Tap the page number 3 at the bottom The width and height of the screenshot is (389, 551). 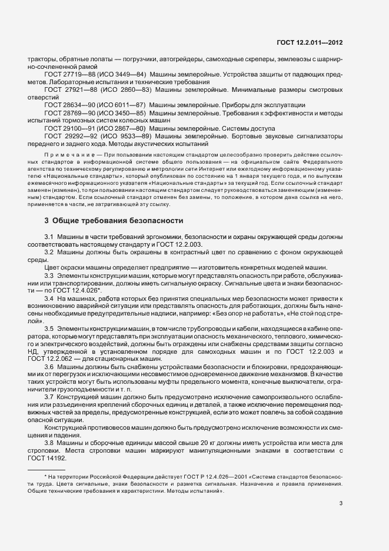tap(341, 503)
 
